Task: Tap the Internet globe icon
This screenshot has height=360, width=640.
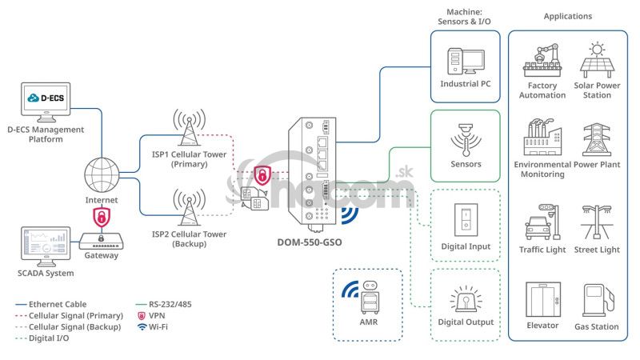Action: [102, 174]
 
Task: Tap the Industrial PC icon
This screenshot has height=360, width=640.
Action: [465, 62]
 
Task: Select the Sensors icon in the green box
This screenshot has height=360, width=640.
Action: [466, 139]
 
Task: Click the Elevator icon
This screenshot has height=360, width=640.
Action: [542, 299]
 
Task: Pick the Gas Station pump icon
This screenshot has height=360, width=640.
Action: [597, 301]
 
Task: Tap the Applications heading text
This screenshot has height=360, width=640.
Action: [567, 16]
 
